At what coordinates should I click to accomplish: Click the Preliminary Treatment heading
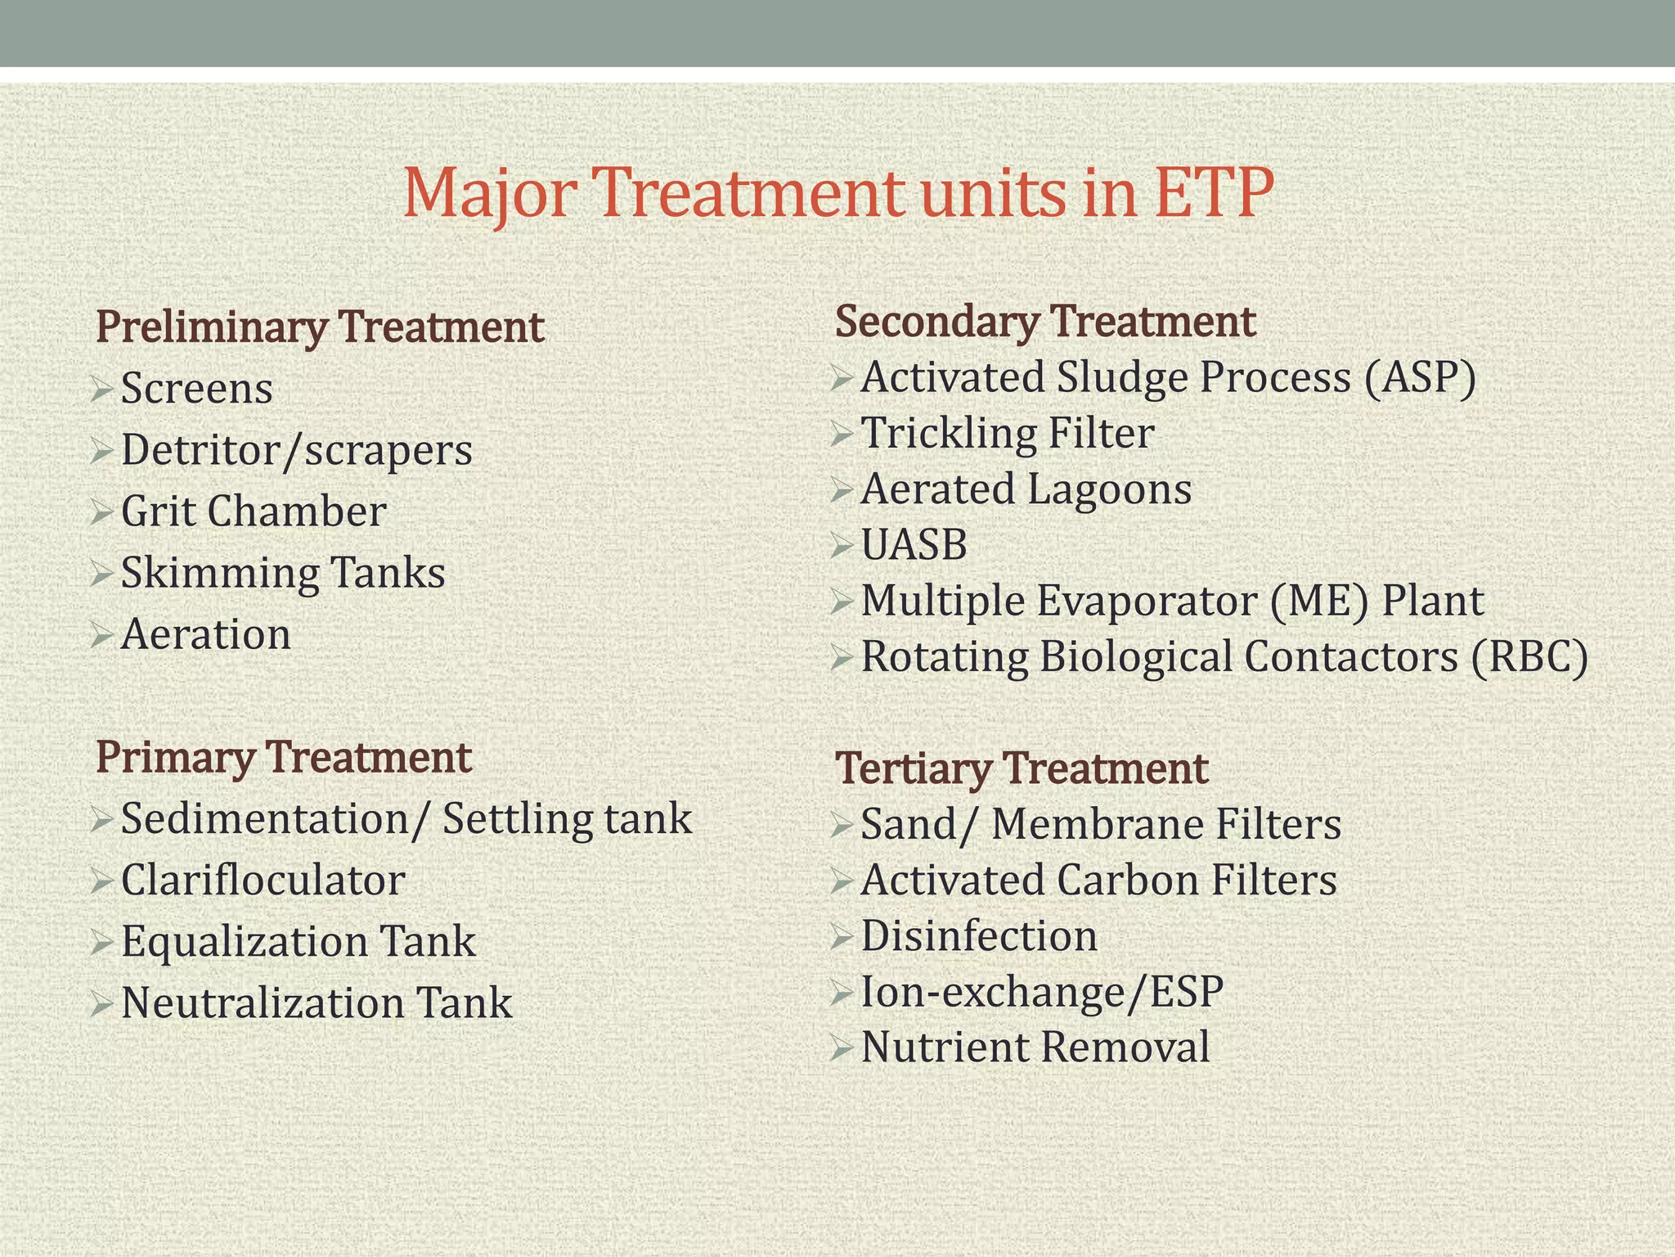click(320, 327)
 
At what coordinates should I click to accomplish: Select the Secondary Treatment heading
click(1044, 321)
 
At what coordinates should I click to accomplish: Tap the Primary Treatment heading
click(283, 757)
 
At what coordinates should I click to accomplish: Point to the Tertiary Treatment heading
click(1022, 768)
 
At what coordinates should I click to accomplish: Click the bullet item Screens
click(196, 389)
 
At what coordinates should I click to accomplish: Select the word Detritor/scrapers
click(296, 450)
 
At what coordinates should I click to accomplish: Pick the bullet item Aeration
click(205, 635)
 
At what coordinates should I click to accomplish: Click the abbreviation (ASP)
click(1420, 378)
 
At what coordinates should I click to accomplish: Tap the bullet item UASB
click(914, 545)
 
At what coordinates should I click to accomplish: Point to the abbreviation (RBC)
click(1529, 657)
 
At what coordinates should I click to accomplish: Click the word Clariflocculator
click(263, 881)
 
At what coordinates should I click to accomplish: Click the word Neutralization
click(263, 1003)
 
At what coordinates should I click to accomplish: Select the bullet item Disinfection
click(979, 936)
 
